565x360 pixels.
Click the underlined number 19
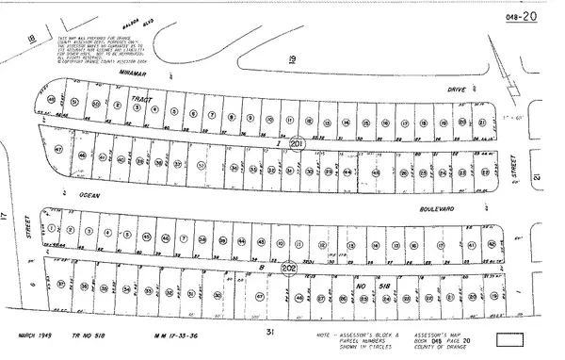tap(291, 58)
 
